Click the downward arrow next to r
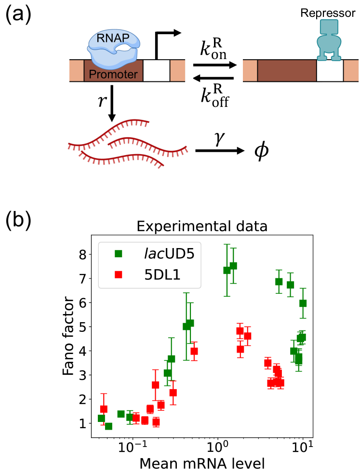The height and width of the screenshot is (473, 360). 112,104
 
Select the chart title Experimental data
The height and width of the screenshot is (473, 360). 202,226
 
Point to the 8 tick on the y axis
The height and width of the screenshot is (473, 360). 83,254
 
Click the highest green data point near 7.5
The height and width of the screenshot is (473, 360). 233,265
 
